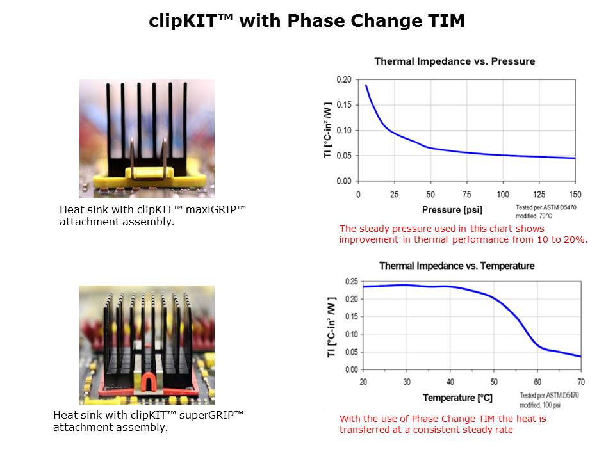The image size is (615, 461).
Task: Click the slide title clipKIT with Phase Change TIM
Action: (307, 21)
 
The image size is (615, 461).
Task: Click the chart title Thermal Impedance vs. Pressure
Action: (454, 61)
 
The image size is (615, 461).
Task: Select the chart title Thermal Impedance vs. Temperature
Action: (456, 266)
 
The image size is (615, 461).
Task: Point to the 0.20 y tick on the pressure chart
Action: (344, 79)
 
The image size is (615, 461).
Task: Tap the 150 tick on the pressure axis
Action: (575, 194)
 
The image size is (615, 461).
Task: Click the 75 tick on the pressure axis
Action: (466, 194)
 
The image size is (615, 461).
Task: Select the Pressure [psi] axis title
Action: (452, 209)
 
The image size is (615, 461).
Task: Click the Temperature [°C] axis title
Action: (457, 398)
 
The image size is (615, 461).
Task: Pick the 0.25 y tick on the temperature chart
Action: (351, 281)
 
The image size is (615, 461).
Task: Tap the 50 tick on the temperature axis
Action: (493, 382)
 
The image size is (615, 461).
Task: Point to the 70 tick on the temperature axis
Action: (580, 382)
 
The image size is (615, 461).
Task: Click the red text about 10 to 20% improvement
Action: (463, 234)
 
